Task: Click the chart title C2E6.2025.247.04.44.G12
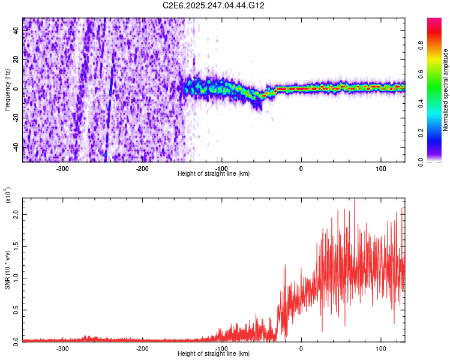214,5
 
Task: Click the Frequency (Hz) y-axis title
8,89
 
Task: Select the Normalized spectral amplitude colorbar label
446,90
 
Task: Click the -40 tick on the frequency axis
14,147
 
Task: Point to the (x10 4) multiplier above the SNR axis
8,195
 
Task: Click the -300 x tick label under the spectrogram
63,169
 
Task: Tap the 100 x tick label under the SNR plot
380,348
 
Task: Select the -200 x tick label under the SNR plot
142,348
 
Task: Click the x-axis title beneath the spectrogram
214,173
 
